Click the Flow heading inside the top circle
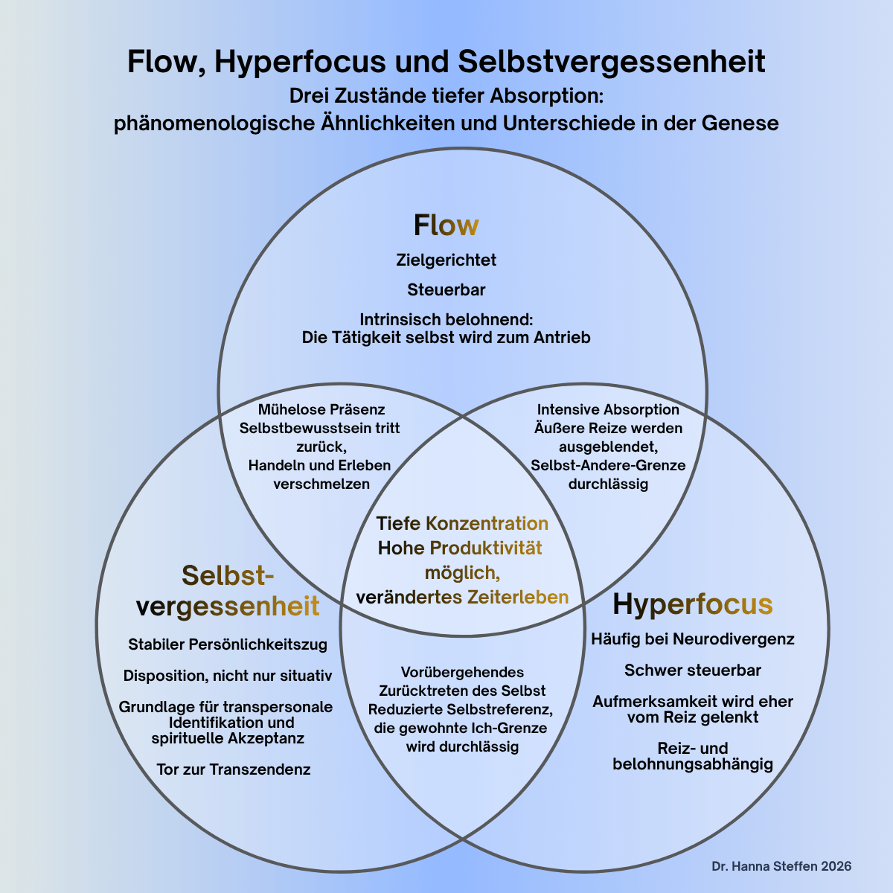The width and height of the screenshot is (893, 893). [x=446, y=225]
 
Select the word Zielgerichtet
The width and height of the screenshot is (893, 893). [x=446, y=260]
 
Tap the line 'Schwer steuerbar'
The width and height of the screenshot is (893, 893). [x=692, y=670]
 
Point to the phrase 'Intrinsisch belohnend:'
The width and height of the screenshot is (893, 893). [x=446, y=319]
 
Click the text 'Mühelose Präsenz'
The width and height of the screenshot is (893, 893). [x=321, y=410]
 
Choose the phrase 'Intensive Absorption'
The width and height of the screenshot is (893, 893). [x=608, y=410]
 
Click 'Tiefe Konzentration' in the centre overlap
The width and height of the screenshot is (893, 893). [x=462, y=523]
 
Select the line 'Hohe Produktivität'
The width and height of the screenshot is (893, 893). [x=460, y=548]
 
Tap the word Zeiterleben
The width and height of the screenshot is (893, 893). [x=518, y=598]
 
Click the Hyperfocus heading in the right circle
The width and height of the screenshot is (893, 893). [x=692, y=604]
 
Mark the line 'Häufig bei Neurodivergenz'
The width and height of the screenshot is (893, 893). [x=692, y=639]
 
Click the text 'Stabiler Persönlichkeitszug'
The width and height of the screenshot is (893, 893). [x=228, y=644]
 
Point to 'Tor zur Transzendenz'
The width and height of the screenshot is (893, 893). [x=234, y=769]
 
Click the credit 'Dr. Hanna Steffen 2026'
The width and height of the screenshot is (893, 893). [x=781, y=867]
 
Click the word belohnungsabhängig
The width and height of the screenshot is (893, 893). [x=692, y=764]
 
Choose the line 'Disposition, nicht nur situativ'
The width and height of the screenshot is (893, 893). [x=228, y=676]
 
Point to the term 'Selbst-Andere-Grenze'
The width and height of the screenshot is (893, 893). [x=608, y=466]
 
